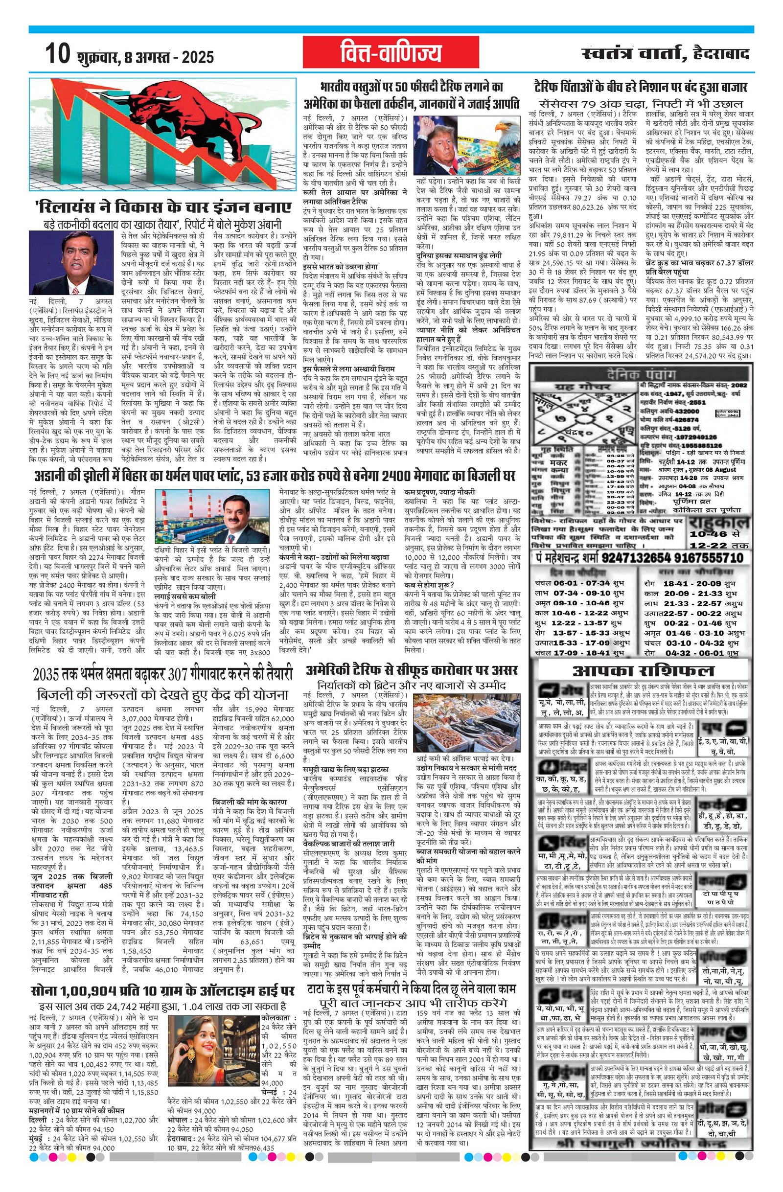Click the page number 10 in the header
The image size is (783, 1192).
tap(57, 55)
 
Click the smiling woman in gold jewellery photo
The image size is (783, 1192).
tap(214, 933)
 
